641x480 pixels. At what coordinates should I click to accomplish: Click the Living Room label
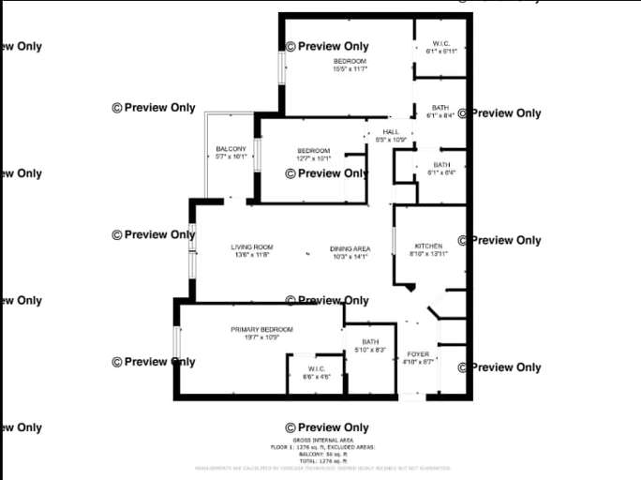(252, 247)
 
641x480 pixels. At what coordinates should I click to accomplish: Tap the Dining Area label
(350, 248)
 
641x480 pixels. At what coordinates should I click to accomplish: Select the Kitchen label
(428, 246)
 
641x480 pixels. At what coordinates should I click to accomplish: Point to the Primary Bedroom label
(262, 329)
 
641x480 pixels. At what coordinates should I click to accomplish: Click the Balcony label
(231, 149)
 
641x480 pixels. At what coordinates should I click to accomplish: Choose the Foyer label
(417, 353)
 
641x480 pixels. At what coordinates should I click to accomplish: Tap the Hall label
(391, 132)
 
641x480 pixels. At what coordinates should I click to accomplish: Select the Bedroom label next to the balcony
(314, 151)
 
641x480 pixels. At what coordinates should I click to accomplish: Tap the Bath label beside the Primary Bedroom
(370, 341)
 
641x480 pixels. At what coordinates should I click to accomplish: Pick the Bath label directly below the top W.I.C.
(440, 109)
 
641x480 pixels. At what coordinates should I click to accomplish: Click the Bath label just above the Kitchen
(441, 165)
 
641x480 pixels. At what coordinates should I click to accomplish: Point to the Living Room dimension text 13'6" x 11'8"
(251, 255)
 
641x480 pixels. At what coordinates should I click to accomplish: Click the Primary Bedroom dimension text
(262, 337)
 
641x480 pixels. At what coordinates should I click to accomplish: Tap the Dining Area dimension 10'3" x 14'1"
(350, 256)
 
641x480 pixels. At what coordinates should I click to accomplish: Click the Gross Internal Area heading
(322, 440)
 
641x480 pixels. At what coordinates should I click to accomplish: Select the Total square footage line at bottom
(322, 460)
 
